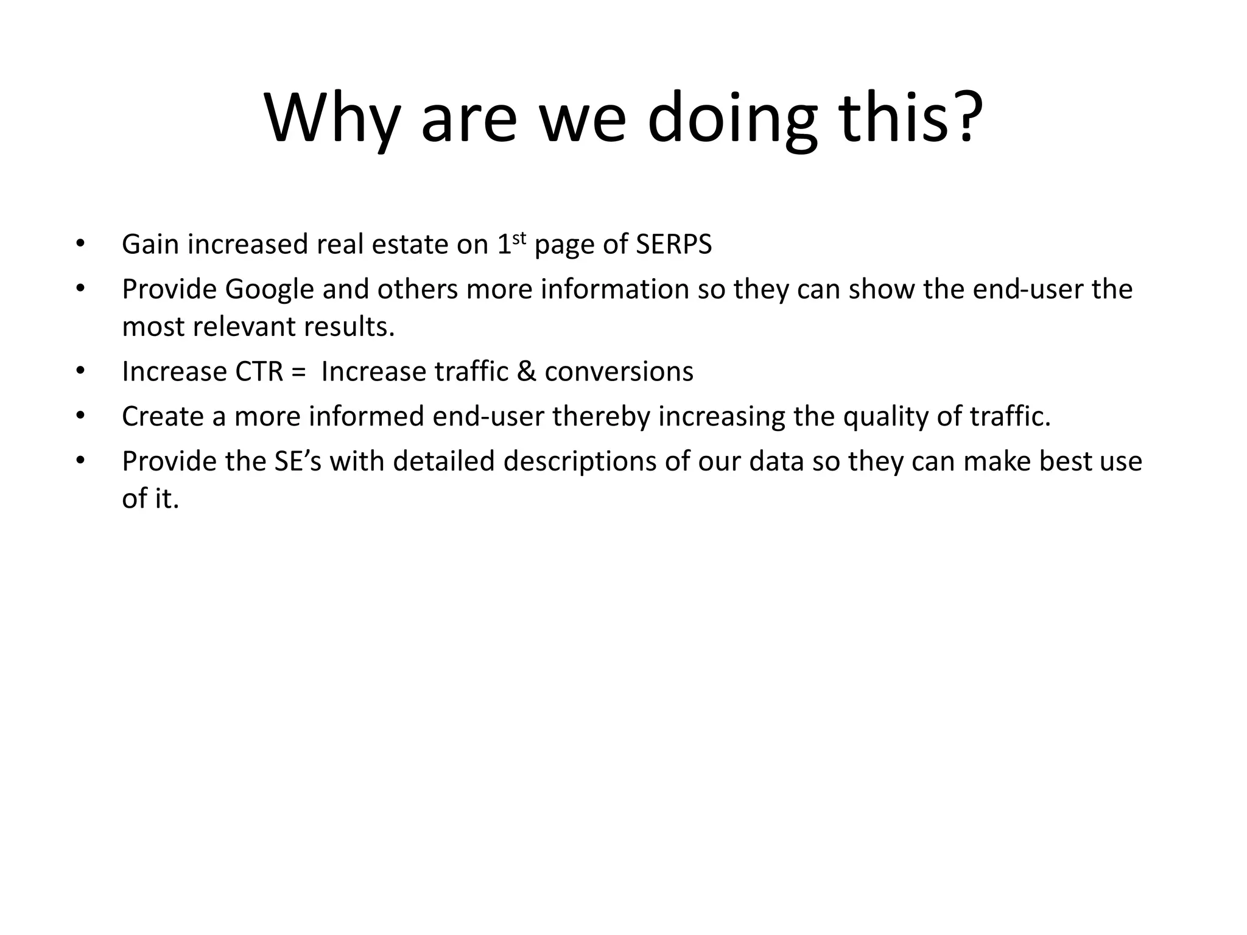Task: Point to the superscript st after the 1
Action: coord(518,238)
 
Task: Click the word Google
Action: coord(269,290)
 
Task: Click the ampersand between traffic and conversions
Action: coord(526,372)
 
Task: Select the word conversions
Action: coord(619,372)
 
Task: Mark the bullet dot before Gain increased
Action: coord(80,244)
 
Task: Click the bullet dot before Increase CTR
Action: coord(80,371)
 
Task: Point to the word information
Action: coord(615,290)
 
